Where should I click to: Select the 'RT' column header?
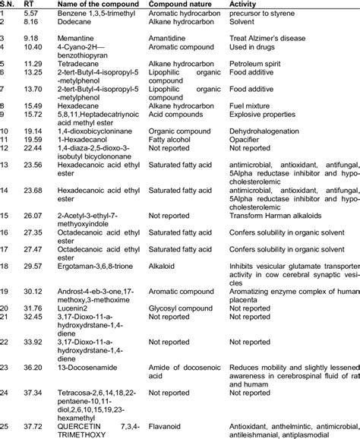click(x=30, y=4)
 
